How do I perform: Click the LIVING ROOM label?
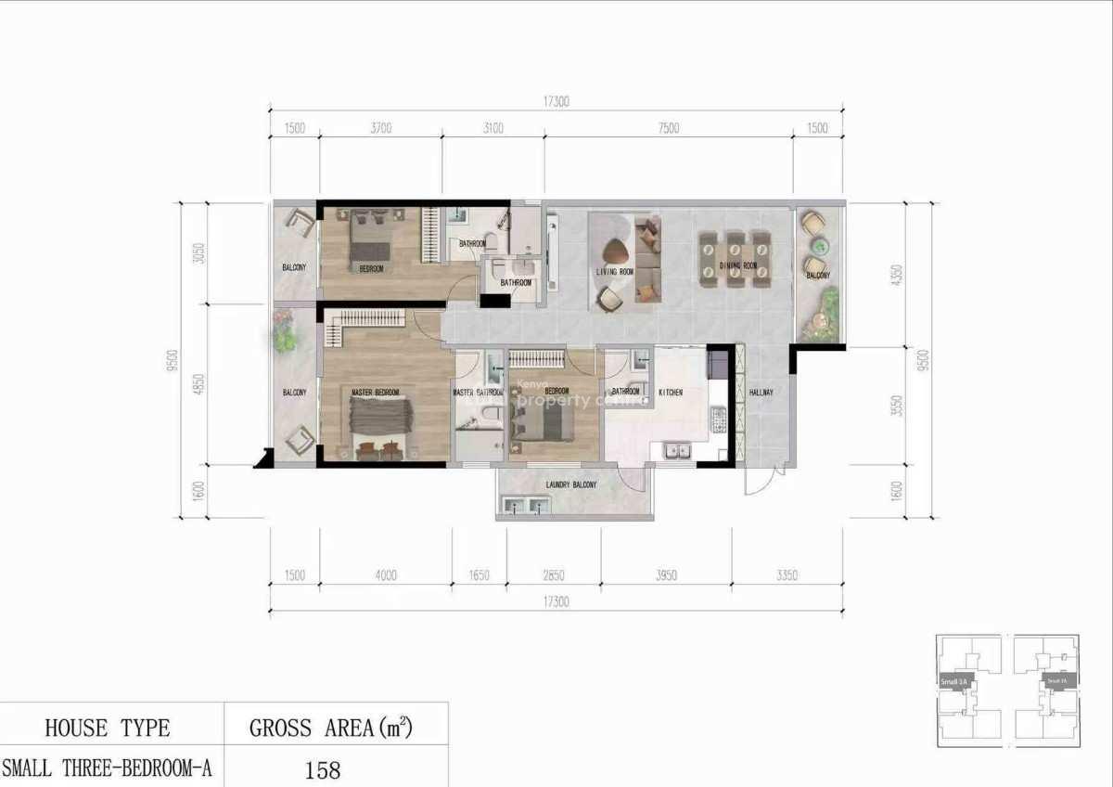(614, 272)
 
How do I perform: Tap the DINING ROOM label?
(738, 266)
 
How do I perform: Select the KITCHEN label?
(671, 393)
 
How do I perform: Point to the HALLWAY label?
(761, 393)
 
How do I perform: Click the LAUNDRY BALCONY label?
(571, 485)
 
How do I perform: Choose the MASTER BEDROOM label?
(375, 393)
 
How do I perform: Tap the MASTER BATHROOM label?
(476, 393)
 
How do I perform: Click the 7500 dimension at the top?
(668, 129)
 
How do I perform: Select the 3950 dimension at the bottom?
(666, 575)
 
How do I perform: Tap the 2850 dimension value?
(554, 575)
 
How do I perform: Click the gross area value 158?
(323, 769)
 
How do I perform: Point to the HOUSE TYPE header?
(108, 728)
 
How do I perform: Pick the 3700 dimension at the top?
(380, 129)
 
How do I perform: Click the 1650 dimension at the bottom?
(479, 575)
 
